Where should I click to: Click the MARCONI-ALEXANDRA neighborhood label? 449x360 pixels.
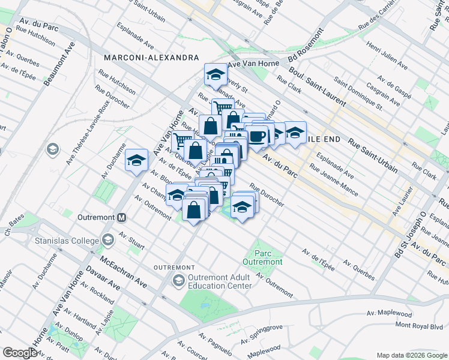(151, 58)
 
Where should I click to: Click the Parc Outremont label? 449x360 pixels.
(262, 257)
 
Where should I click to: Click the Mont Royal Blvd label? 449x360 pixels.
(418, 325)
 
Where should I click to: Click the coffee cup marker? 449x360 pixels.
(258, 136)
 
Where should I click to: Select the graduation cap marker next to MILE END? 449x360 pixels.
(295, 133)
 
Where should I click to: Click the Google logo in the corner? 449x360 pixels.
(20, 353)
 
